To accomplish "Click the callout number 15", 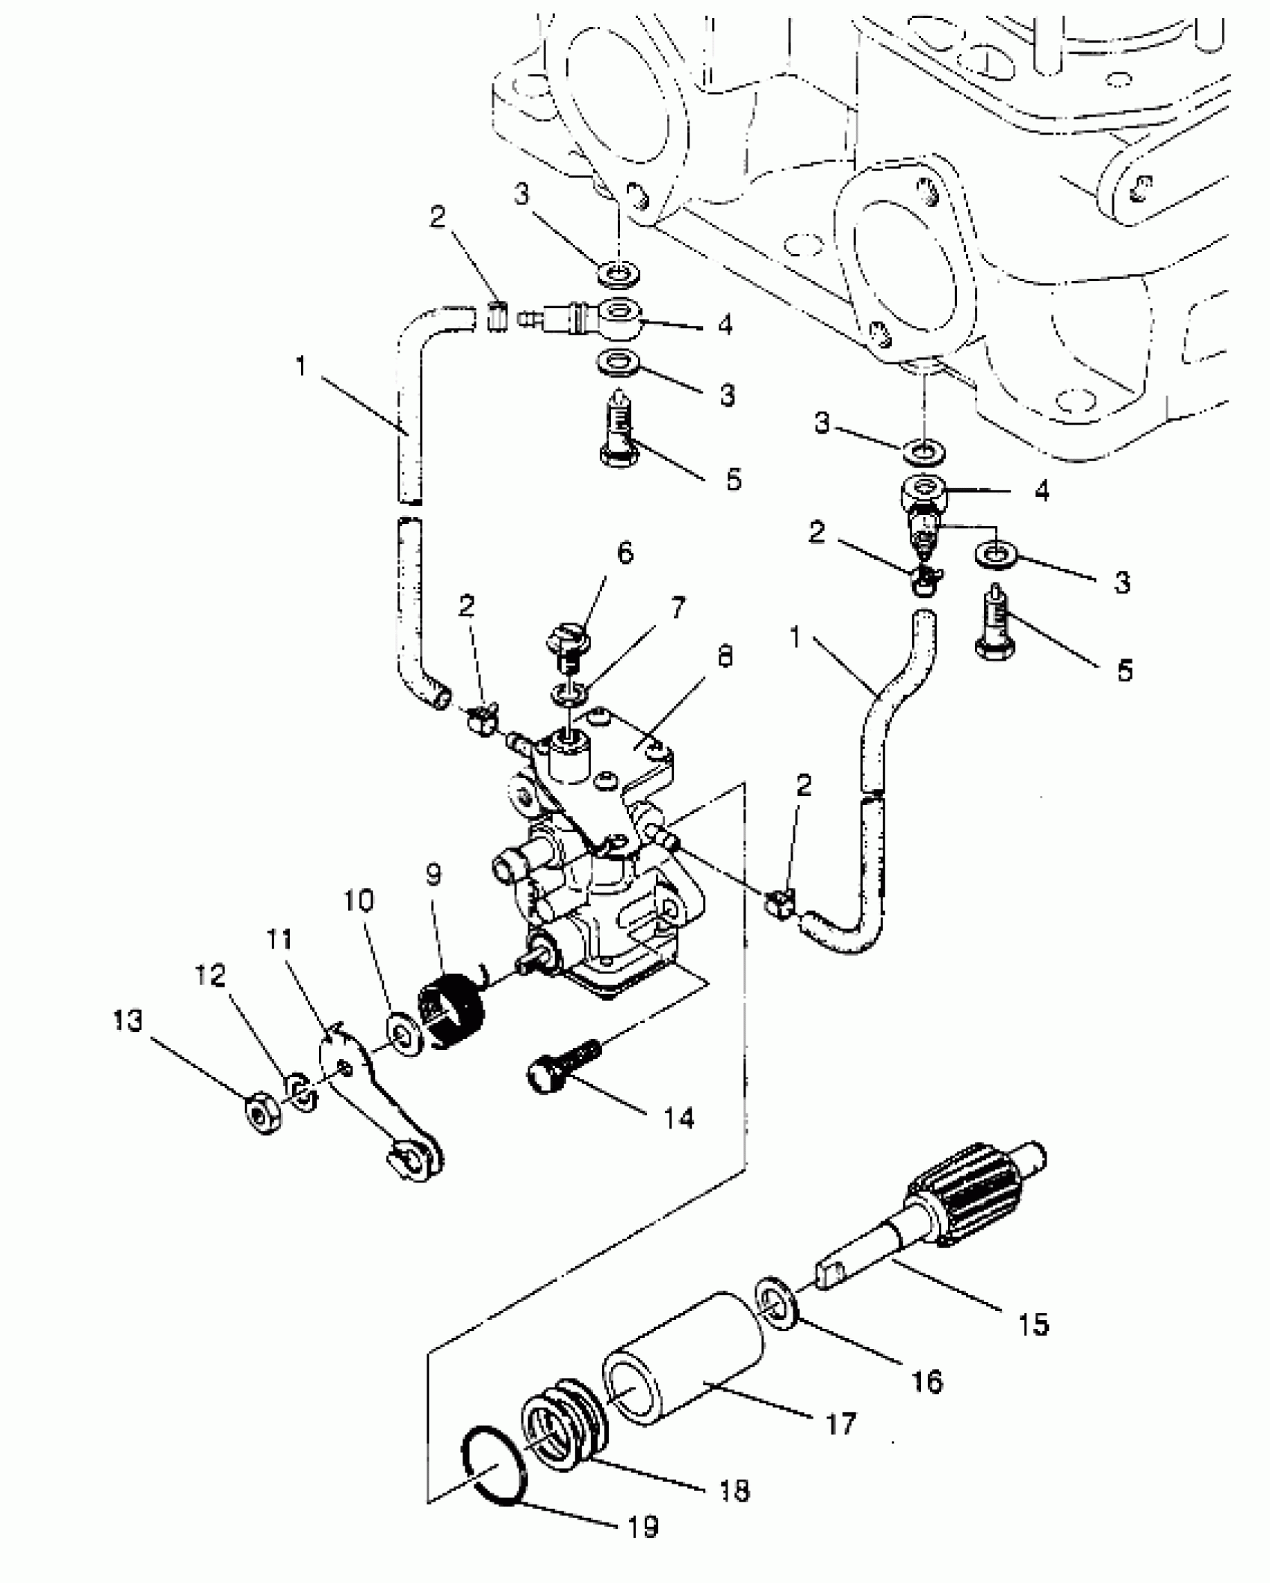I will [x=1034, y=1325].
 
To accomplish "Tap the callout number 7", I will [x=677, y=609].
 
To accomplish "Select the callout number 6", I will [x=625, y=554].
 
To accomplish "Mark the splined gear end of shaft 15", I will [x=971, y=1204].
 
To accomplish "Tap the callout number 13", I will [x=128, y=1021].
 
